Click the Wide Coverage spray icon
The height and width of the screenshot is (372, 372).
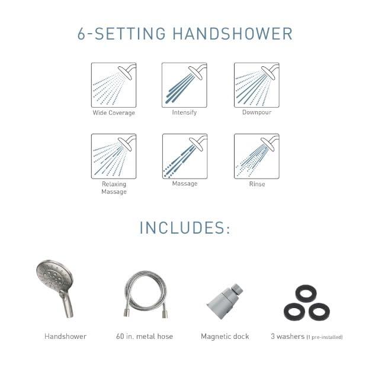(114, 85)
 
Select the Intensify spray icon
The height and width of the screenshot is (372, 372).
(184, 85)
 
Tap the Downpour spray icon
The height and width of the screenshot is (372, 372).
(256, 85)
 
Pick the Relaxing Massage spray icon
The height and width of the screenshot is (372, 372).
(114, 156)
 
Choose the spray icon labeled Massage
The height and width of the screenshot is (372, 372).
(184, 156)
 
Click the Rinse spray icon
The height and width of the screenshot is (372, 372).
(256, 156)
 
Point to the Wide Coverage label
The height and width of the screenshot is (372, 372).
(114, 113)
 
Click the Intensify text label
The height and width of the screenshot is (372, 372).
(184, 112)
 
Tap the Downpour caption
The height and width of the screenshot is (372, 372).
(256, 112)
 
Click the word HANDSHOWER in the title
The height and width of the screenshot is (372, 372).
(232, 34)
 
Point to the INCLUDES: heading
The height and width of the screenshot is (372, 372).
(185, 228)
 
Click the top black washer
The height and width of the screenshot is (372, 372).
(306, 293)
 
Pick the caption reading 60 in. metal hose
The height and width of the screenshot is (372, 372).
(145, 337)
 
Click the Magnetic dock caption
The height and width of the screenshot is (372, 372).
(225, 337)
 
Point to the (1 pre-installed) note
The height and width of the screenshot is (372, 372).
(325, 337)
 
